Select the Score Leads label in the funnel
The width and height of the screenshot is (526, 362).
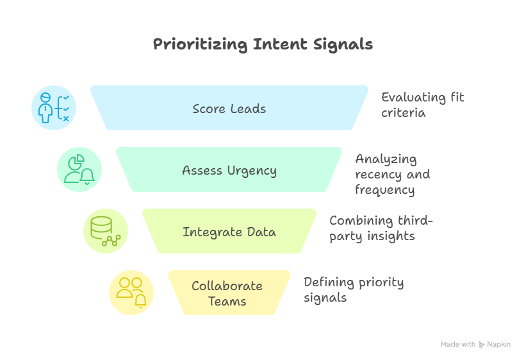[229, 108]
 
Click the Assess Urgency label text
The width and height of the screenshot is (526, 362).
[229, 170]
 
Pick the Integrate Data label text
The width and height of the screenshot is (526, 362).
[229, 232]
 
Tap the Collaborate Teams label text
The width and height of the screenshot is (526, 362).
[227, 293]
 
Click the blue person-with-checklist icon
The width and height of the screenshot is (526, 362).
[54, 108]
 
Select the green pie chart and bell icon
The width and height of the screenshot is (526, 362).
[79, 169]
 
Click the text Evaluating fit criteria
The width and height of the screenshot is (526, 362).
[422, 105]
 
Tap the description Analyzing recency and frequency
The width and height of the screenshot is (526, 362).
[392, 174]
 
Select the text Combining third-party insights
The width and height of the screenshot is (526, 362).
[381, 228]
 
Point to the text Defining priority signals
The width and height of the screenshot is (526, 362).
[353, 290]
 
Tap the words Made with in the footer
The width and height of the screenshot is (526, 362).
[458, 345]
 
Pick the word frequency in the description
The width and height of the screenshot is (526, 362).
[384, 190]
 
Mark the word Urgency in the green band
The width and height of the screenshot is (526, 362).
[252, 170]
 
